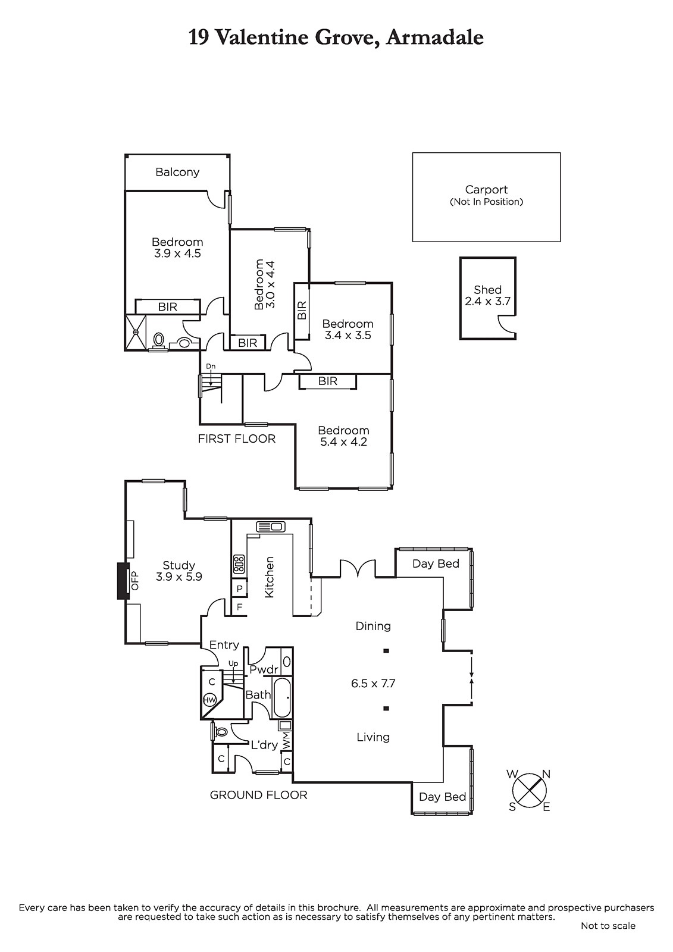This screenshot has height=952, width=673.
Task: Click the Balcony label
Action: click(177, 172)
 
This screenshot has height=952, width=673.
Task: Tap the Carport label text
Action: click(486, 190)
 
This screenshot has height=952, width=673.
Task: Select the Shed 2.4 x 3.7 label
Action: click(487, 295)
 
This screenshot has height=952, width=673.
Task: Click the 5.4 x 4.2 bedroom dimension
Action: click(343, 442)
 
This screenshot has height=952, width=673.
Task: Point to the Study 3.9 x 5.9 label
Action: click(179, 571)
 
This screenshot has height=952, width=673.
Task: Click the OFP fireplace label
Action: click(135, 581)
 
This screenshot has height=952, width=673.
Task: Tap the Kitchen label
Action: click(269, 577)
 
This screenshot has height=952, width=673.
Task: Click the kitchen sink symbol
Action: click(270, 527)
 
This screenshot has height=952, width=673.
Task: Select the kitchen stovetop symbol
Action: click(239, 564)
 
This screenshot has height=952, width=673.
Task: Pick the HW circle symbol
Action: click(209, 700)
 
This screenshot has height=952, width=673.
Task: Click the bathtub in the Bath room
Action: click(282, 697)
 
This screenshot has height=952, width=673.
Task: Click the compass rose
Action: click(529, 791)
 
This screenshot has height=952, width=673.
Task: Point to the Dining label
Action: click(373, 626)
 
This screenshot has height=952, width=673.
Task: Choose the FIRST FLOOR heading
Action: click(237, 439)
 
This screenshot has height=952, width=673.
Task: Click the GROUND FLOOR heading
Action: click(258, 795)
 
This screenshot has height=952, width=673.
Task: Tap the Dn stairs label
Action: click(211, 367)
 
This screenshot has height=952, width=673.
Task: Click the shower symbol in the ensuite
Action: click(136, 333)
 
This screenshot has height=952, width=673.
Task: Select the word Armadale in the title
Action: click(435, 38)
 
